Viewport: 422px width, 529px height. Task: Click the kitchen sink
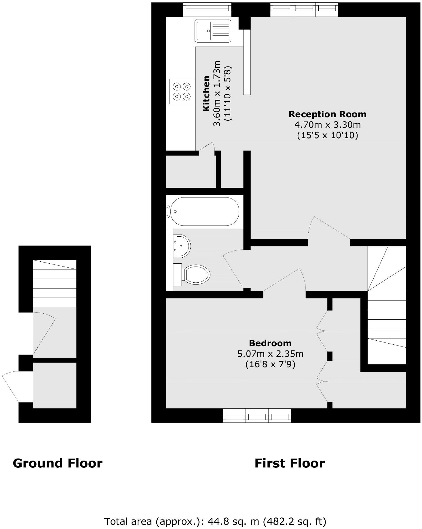(213, 31)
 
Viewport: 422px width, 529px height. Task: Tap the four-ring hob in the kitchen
(182, 91)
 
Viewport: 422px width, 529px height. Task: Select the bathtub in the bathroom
(205, 211)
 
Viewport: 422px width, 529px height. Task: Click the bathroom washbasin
(182, 246)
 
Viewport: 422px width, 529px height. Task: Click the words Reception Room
(327, 114)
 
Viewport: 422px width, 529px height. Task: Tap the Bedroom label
(270, 343)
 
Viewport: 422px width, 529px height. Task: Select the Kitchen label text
(206, 93)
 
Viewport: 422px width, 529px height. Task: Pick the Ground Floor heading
(58, 463)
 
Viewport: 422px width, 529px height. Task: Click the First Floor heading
(290, 463)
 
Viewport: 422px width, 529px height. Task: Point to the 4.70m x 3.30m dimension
(327, 125)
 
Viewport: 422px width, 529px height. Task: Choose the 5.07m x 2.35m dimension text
(270, 354)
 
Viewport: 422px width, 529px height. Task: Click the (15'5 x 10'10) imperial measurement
(327, 135)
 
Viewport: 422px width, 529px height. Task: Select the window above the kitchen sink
(207, 9)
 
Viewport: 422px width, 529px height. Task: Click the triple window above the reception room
(304, 9)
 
